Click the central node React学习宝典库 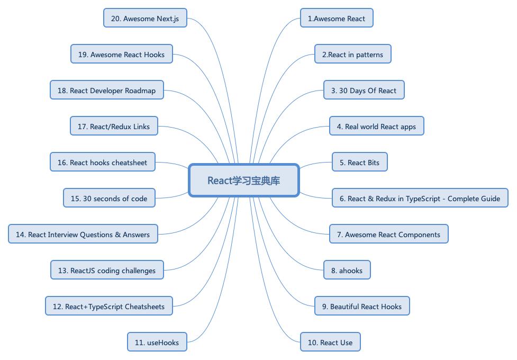[x=244, y=181]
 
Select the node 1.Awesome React [x=337, y=19]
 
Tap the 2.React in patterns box [x=352, y=55]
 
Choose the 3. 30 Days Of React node [x=364, y=91]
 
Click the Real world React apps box [x=376, y=127]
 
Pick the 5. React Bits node [x=359, y=163]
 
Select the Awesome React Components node [x=388, y=235]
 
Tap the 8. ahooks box [x=347, y=271]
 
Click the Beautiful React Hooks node [x=361, y=307]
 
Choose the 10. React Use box [x=330, y=343]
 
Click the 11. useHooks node [x=157, y=343]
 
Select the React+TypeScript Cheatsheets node [x=108, y=307]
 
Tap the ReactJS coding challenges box [x=107, y=271]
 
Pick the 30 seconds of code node [x=109, y=199]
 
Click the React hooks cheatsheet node [x=102, y=163]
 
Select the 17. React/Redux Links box [x=114, y=127]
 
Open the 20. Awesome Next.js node [x=145, y=19]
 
